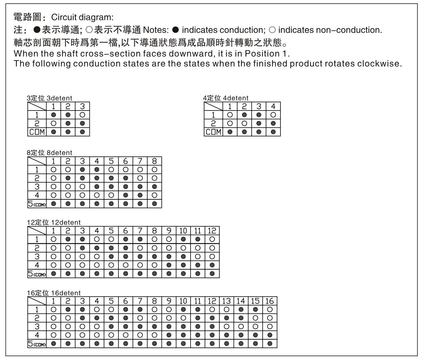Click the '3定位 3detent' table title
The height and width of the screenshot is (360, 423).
coord(50,98)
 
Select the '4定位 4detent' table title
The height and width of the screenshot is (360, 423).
coord(226,98)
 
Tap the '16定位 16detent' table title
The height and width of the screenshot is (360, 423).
coord(54,293)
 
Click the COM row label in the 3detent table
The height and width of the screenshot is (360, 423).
coord(37,132)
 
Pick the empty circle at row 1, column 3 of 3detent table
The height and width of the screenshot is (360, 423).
coord(82,115)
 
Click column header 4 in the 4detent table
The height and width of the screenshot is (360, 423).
coord(273,106)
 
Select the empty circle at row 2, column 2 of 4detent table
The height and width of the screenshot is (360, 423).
coord(244,123)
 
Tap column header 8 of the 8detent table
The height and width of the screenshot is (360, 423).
coord(154,161)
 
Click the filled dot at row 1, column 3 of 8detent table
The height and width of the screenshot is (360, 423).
coord(82,169)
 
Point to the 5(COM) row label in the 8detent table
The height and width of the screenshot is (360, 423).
coord(37,204)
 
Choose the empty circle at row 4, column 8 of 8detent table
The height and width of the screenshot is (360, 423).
coord(154,195)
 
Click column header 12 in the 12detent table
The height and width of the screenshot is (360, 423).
coord(212,231)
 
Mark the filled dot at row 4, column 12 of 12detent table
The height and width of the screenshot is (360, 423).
coord(212,265)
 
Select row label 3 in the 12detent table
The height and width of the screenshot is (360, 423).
coord(37,257)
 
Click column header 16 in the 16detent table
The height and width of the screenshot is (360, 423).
coord(270,301)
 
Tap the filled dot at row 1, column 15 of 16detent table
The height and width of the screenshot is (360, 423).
coord(256,309)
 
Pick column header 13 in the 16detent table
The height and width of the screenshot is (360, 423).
coord(226,301)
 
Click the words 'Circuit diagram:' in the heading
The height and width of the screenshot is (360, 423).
coord(82,17)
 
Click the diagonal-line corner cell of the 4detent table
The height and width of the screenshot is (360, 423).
coord(213,106)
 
